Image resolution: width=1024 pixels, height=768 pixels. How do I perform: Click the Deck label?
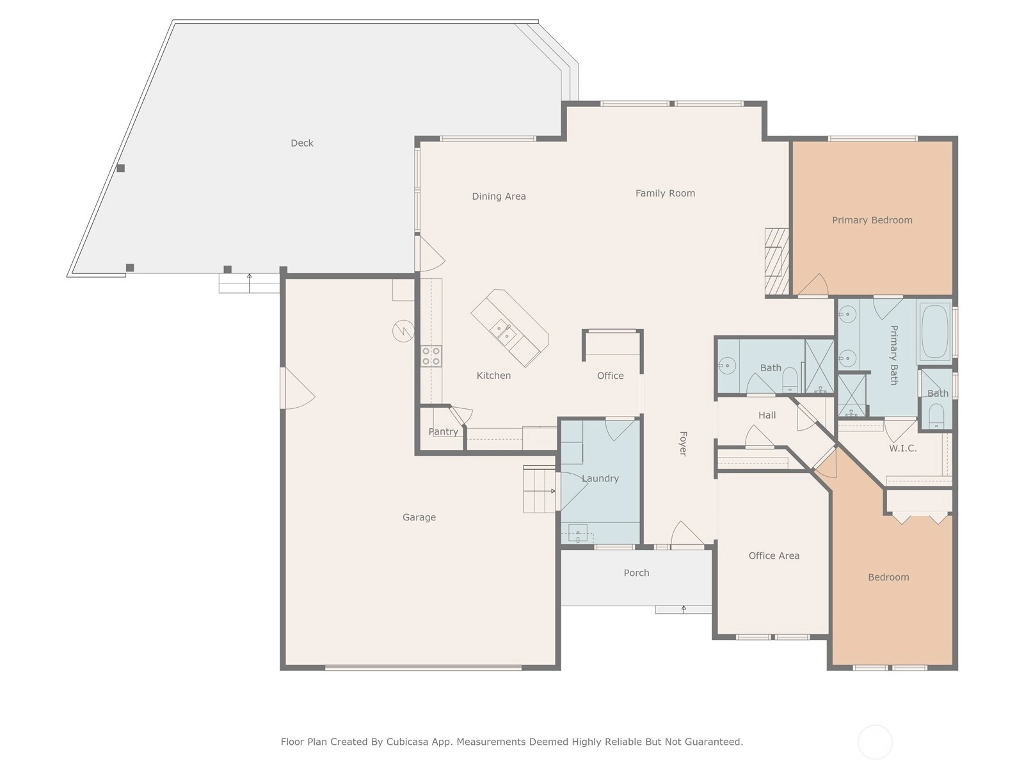pyautogui.click(x=302, y=143)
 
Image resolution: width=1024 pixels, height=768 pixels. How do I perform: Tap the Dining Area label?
pyautogui.click(x=499, y=196)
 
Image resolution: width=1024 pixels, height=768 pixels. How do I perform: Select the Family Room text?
pyautogui.click(x=665, y=193)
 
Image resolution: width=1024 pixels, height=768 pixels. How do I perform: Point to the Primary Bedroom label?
pyautogui.click(x=872, y=220)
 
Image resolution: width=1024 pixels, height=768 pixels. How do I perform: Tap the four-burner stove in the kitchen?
pyautogui.click(x=431, y=356)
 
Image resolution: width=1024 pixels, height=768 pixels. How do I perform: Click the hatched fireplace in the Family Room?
pyautogui.click(x=776, y=262)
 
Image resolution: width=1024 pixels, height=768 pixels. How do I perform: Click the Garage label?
pyautogui.click(x=419, y=517)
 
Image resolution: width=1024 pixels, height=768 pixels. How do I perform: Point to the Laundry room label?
pyautogui.click(x=600, y=479)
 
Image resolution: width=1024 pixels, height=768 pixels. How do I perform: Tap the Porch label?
pyautogui.click(x=636, y=573)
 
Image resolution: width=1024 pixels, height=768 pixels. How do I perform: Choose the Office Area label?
pyautogui.click(x=774, y=556)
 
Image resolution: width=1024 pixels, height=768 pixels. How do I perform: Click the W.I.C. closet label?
pyautogui.click(x=902, y=448)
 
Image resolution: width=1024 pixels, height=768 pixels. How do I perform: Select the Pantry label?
pyautogui.click(x=443, y=432)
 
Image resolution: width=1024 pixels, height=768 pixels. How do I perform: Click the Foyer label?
pyautogui.click(x=682, y=444)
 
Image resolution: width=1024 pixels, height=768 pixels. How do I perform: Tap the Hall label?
pyautogui.click(x=767, y=415)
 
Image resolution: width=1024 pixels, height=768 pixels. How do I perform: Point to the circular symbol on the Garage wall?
pyautogui.click(x=404, y=331)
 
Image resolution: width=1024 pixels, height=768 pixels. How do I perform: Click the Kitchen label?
pyautogui.click(x=493, y=376)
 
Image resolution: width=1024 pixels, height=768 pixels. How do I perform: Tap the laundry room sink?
pyautogui.click(x=578, y=534)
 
